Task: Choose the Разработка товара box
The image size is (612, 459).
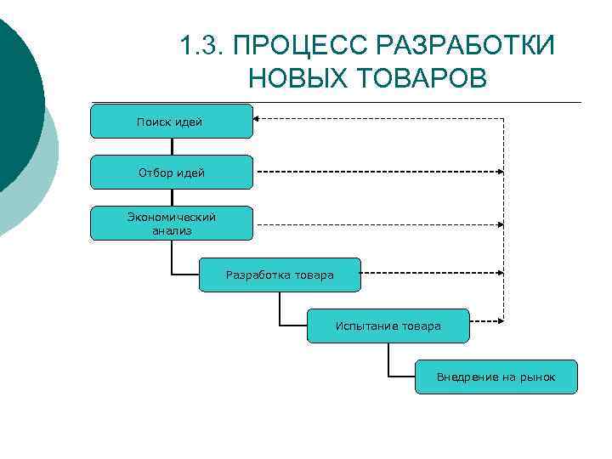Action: (x=280, y=275)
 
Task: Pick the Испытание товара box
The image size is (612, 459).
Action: (x=388, y=326)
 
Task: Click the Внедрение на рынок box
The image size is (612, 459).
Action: (x=496, y=377)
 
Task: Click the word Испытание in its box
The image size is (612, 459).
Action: (x=364, y=326)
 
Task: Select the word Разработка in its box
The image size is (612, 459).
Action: (x=258, y=275)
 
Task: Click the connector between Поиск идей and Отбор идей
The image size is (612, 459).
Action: (x=172, y=147)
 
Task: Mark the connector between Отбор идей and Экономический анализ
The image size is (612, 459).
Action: (x=172, y=198)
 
